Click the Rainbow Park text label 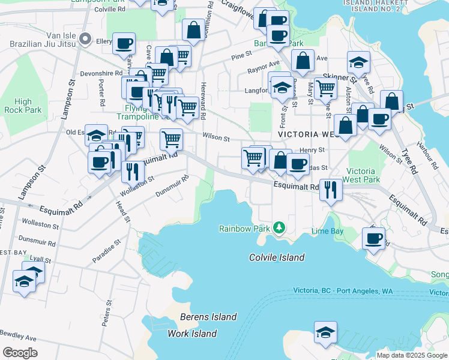click(244, 229)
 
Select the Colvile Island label click(277, 257)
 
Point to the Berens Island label click(208, 317)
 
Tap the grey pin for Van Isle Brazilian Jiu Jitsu click(85, 41)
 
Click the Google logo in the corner click(20, 353)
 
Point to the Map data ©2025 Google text click(412, 355)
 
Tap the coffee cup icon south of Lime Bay click(373, 239)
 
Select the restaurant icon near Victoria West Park click(331, 190)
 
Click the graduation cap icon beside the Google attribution click(325, 332)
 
